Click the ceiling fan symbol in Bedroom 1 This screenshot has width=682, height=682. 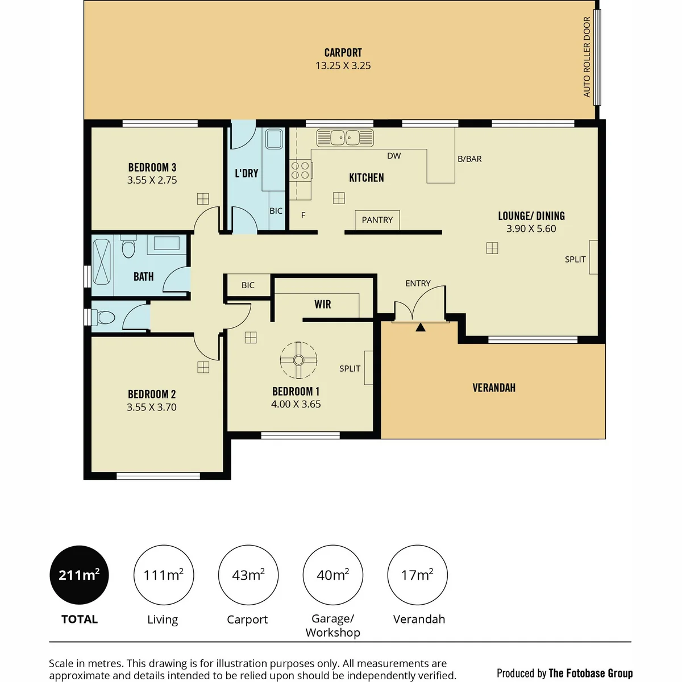(298, 360)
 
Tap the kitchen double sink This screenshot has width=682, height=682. (345, 138)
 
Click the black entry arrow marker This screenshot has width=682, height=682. (421, 327)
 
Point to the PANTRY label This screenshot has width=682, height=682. (377, 220)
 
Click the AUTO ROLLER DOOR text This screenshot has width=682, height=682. (587, 57)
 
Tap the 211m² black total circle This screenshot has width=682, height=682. (79, 575)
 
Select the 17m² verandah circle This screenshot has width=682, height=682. (417, 575)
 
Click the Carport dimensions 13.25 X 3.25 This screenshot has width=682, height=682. (343, 66)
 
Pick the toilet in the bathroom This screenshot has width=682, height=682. (128, 246)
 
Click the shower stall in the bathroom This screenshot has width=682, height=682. (102, 262)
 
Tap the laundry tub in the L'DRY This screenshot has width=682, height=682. (275, 139)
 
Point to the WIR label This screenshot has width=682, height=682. (323, 304)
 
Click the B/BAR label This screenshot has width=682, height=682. (469, 159)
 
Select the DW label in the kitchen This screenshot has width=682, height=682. (394, 156)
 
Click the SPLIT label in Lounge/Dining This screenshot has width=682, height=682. (575, 259)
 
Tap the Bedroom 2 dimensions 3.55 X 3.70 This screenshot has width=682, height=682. (152, 407)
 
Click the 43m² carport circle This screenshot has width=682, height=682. (248, 575)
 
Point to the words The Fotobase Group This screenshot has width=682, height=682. (590, 673)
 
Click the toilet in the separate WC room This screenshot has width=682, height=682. (103, 317)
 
